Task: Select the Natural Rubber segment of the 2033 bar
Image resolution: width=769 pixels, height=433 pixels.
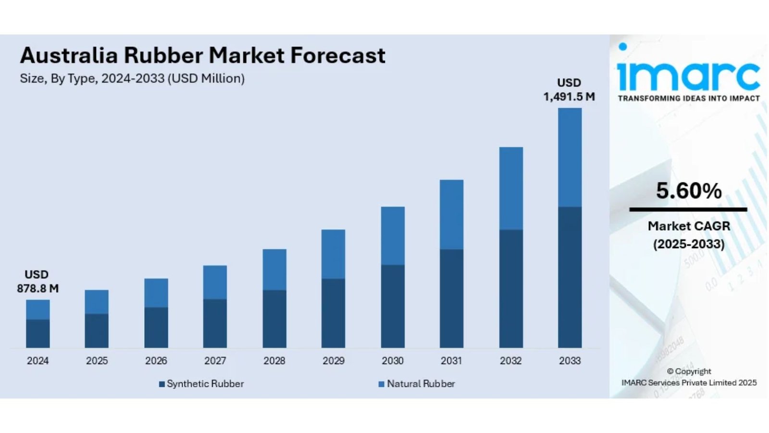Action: [570, 157]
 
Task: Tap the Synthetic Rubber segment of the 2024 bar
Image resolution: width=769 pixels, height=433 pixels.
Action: [38, 333]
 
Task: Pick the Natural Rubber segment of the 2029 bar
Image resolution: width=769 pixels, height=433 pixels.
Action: [333, 254]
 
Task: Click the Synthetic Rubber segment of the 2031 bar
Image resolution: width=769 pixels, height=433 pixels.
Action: [451, 298]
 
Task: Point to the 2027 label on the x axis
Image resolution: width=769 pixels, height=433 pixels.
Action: [215, 361]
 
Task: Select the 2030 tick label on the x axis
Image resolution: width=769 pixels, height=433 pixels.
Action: [392, 361]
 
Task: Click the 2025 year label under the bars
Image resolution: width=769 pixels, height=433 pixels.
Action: [97, 361]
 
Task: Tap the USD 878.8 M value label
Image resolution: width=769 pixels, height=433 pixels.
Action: [37, 282]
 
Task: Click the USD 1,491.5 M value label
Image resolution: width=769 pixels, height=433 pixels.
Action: [569, 90]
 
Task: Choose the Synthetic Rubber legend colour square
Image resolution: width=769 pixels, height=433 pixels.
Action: [162, 384]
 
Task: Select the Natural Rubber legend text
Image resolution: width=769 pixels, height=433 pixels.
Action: [421, 384]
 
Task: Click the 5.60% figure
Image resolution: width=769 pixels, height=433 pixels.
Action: [688, 191]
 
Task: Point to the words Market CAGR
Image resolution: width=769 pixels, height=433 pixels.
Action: [688, 226]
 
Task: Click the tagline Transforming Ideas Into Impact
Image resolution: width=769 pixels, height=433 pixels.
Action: [688, 99]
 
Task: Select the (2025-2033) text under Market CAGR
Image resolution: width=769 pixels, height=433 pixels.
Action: [688, 244]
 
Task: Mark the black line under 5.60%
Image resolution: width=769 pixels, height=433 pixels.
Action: [688, 210]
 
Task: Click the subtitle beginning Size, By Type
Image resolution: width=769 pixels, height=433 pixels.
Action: [132, 78]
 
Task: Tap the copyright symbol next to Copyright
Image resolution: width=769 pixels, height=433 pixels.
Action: [670, 371]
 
